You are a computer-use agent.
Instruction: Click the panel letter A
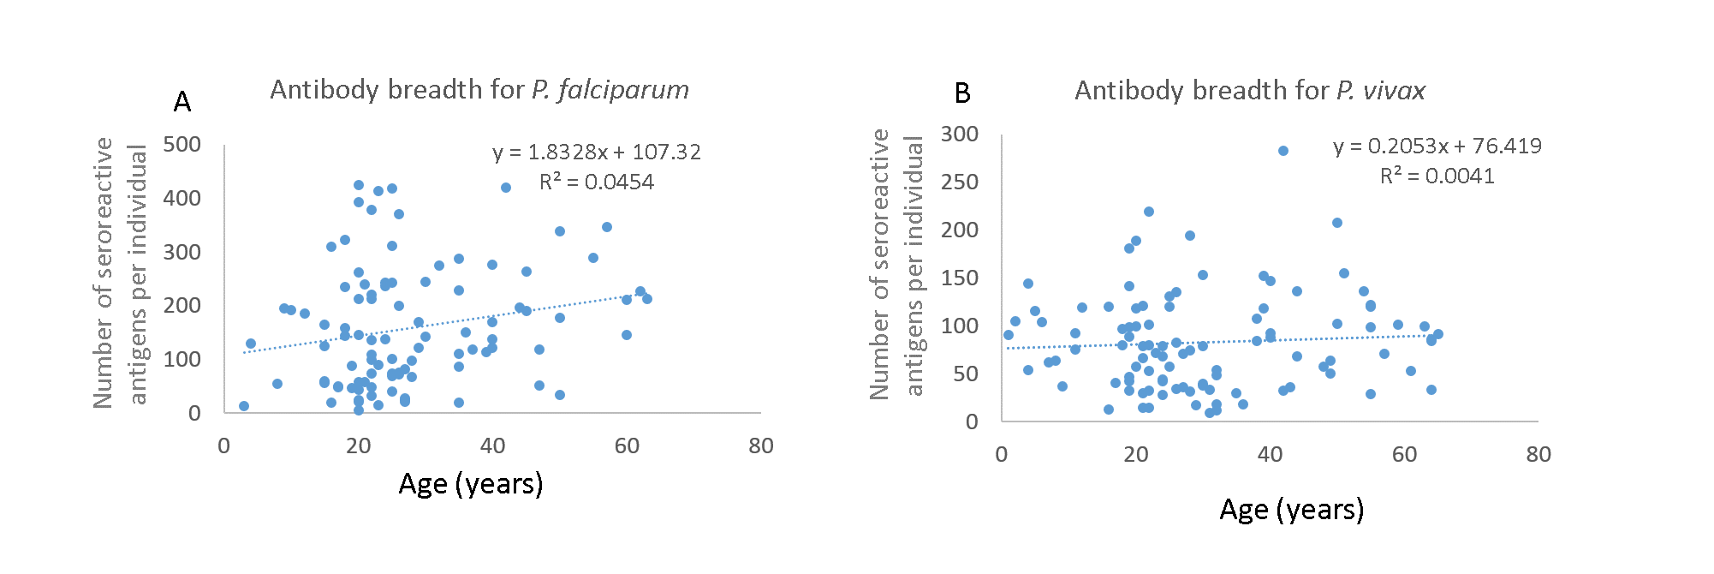[x=182, y=102]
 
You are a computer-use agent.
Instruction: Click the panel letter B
[x=962, y=93]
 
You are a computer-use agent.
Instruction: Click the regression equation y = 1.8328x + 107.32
[x=597, y=152]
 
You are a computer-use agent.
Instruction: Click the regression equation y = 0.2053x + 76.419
[x=1437, y=146]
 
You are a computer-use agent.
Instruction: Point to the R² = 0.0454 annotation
[x=597, y=182]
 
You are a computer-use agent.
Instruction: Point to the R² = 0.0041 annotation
[x=1437, y=176]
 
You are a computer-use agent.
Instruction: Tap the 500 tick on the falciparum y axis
[x=182, y=144]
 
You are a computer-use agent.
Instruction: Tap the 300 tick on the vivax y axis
[x=960, y=134]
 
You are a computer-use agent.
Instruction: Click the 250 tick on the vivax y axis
[x=960, y=182]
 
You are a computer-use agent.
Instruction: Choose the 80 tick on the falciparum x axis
[x=761, y=445]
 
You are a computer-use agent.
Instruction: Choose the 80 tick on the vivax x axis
[x=1538, y=454]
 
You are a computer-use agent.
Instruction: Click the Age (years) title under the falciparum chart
[x=471, y=484]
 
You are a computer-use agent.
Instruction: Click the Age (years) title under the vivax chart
[x=1292, y=510]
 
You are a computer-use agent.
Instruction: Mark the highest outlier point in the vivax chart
[x=1283, y=151]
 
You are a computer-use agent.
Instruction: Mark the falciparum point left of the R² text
[x=506, y=188]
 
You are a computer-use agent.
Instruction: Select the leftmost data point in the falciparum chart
[x=244, y=406]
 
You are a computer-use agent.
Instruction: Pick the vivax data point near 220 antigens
[x=1149, y=212]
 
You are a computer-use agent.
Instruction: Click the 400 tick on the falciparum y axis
[x=182, y=198]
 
